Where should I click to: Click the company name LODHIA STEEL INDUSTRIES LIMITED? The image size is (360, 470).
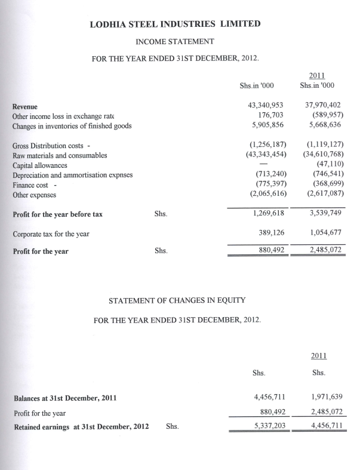click(x=174, y=24)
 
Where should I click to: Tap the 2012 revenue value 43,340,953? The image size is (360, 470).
click(x=264, y=106)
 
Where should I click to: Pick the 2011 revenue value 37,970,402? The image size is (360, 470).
click(x=322, y=106)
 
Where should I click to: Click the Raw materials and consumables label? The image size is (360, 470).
click(x=60, y=155)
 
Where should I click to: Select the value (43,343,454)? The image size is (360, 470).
click(x=264, y=155)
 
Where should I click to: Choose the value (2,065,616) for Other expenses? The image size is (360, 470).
click(x=266, y=193)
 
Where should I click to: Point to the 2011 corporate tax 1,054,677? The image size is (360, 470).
click(x=324, y=234)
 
